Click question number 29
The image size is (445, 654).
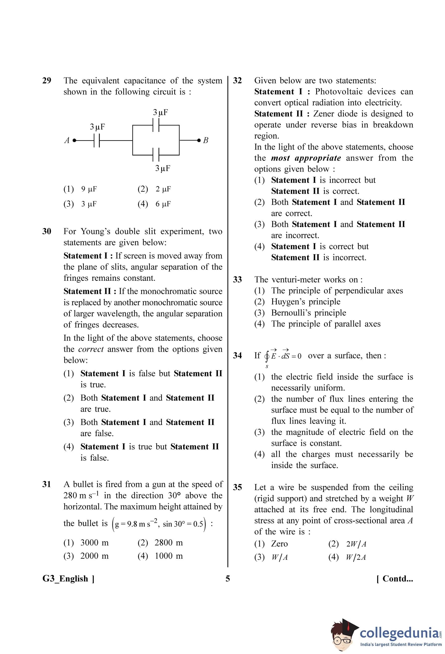(x=47, y=81)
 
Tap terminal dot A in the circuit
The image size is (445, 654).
(x=74, y=140)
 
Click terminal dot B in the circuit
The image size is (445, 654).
(x=199, y=140)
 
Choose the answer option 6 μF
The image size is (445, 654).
(x=163, y=204)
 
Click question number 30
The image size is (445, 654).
(x=47, y=231)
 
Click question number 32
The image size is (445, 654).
(x=237, y=81)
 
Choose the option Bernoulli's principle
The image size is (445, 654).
(x=308, y=313)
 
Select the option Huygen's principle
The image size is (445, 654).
(x=305, y=302)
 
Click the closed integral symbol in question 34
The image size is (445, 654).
(x=267, y=356)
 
